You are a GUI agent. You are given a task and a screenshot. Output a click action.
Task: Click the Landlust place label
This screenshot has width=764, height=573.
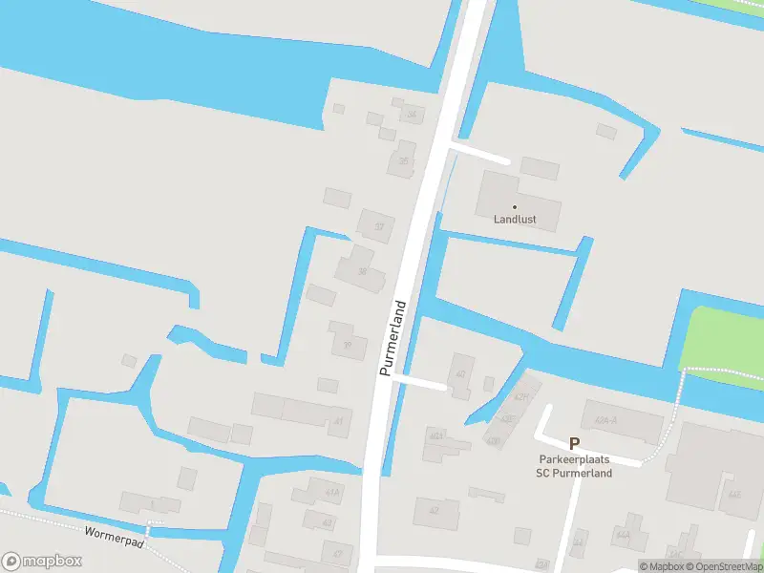point(515,220)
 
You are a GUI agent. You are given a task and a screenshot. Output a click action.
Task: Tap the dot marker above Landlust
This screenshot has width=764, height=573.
point(515,206)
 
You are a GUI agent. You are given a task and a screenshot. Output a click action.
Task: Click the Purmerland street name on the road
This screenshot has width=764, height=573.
point(393,338)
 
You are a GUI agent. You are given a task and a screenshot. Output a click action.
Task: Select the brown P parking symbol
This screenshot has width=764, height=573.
point(574,443)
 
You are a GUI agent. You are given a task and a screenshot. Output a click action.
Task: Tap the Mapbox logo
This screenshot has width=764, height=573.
point(41,561)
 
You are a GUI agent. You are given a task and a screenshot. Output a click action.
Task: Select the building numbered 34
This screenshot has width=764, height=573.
point(412,115)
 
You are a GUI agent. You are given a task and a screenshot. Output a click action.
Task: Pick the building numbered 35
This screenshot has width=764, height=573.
point(403,160)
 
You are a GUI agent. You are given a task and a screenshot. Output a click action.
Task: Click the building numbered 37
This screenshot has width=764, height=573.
point(379,226)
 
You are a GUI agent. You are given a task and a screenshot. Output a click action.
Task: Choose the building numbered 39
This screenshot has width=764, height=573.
point(348,346)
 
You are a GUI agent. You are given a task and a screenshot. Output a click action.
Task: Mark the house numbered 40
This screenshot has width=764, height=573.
point(460,373)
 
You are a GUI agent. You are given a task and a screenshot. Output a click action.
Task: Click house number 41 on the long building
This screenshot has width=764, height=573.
point(338,420)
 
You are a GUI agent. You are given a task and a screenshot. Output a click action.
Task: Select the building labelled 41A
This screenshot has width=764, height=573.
point(331,493)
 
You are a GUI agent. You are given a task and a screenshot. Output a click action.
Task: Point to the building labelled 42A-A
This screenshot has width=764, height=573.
point(605,420)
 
